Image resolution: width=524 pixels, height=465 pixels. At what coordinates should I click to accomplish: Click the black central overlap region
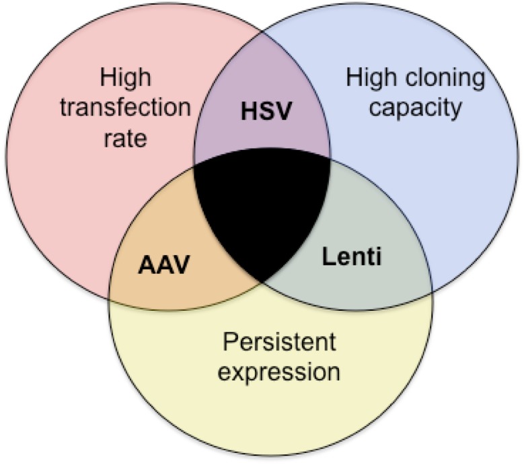click(x=262, y=209)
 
